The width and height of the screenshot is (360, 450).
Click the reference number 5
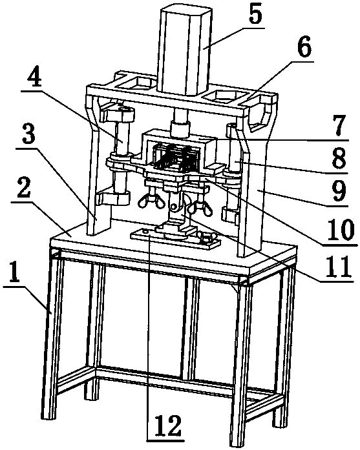255,16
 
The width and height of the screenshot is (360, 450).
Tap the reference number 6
304,48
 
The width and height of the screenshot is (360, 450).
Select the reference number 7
339,127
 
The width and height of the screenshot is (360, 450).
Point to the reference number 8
339,159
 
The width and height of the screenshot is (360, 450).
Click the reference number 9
339,191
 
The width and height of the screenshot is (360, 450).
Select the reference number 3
29,137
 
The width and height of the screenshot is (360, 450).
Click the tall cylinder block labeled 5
185,51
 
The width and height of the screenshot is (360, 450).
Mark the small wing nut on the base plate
206,237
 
